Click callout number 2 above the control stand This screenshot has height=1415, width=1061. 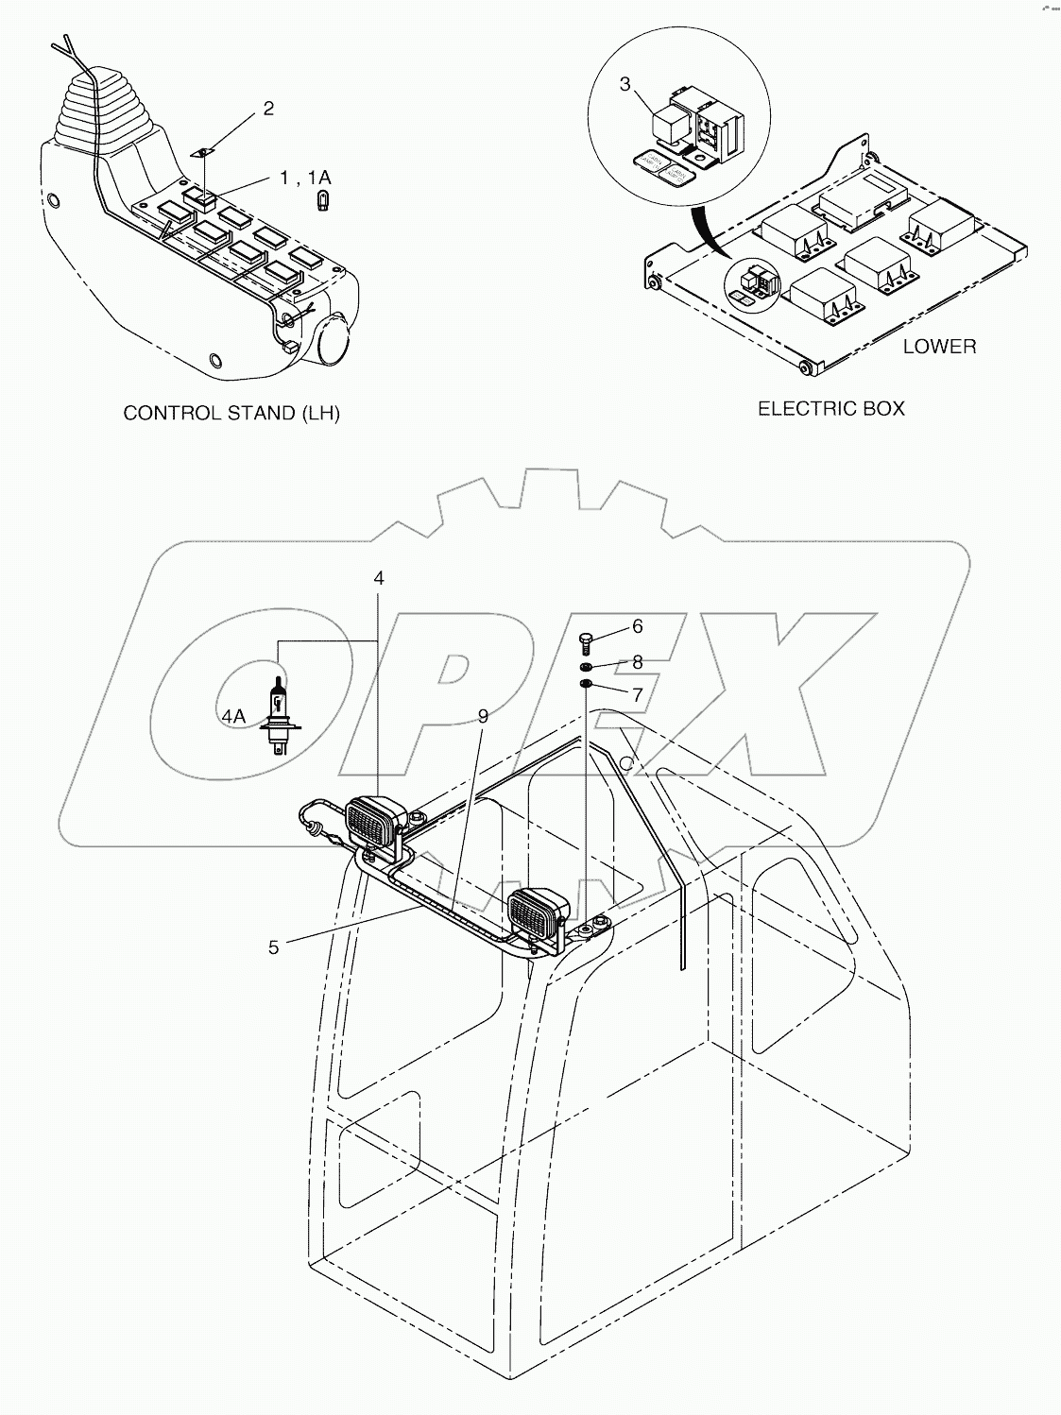click(x=268, y=109)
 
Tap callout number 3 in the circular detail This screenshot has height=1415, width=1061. click(x=625, y=84)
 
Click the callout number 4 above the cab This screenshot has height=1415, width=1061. click(x=379, y=577)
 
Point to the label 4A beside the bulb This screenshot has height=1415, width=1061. click(x=233, y=717)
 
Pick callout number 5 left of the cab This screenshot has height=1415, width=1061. click(x=273, y=946)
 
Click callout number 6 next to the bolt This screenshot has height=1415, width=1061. click(x=638, y=626)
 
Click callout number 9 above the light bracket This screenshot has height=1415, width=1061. click(x=483, y=717)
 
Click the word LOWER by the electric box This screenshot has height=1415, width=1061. click(x=939, y=347)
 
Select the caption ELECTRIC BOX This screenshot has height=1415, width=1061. click(x=831, y=408)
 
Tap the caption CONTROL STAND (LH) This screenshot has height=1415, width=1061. click(x=231, y=414)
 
